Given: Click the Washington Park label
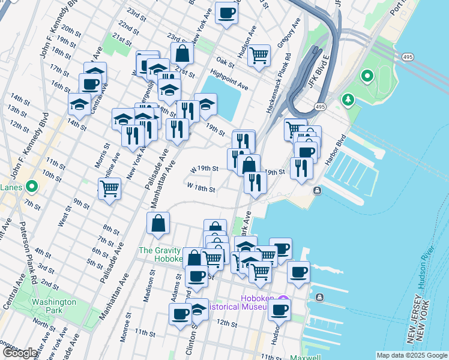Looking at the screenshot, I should (x=54, y=307).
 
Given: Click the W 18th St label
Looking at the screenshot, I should (x=201, y=188).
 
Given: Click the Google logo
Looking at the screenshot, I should (x=20, y=353).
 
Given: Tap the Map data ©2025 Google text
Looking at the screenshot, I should (x=411, y=355).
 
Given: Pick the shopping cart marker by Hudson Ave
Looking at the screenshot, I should (x=259, y=56).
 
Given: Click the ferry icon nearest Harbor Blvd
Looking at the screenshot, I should (x=316, y=190).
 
